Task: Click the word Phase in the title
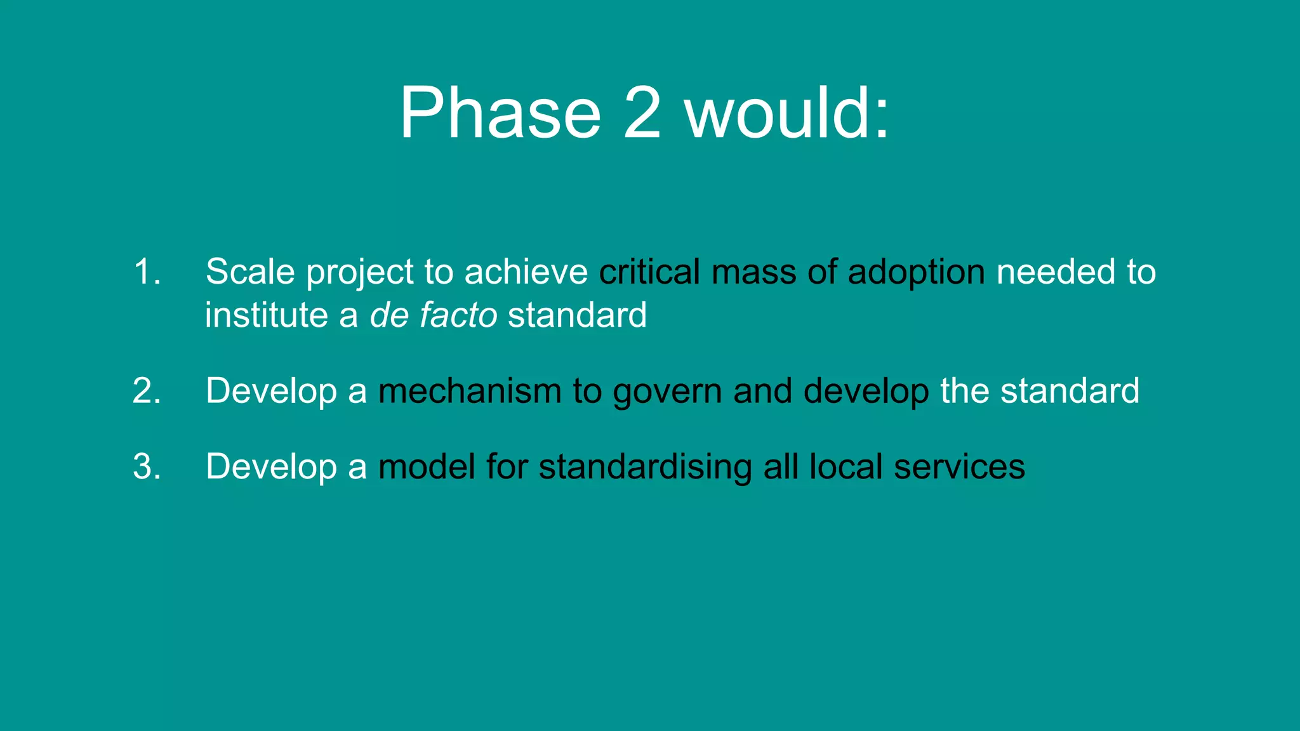(x=500, y=114)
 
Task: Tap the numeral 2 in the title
(x=642, y=114)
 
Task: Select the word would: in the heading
(x=787, y=114)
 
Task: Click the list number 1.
(x=147, y=272)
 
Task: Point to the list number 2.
(x=147, y=391)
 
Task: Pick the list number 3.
(x=147, y=467)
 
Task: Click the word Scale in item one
(x=250, y=272)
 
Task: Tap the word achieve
(x=526, y=272)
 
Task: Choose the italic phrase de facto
(x=434, y=315)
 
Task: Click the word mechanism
(x=470, y=391)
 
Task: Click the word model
(x=427, y=467)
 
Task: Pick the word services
(x=959, y=467)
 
